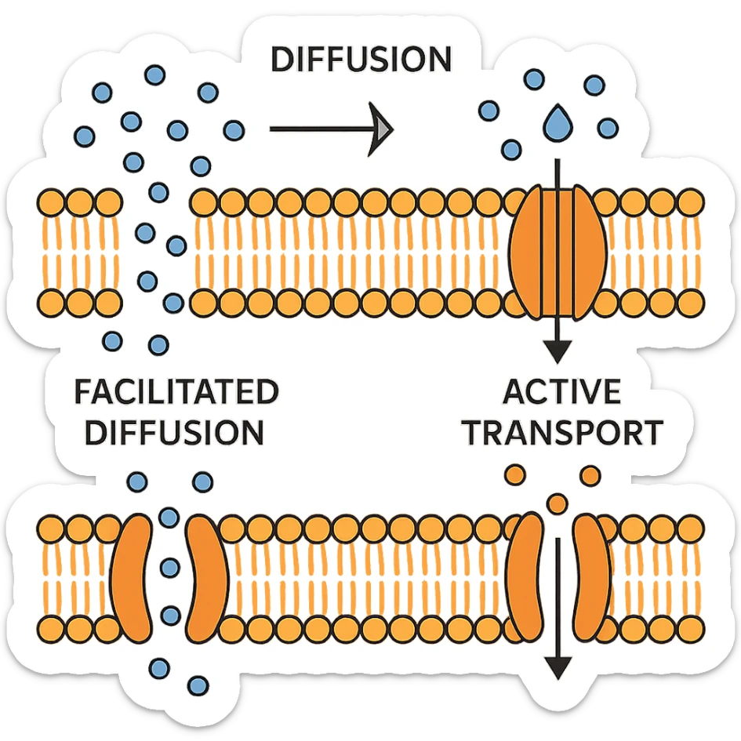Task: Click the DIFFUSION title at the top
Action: pyautogui.click(x=360, y=60)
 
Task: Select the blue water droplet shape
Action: pyautogui.click(x=558, y=122)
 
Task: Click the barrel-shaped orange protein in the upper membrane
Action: pyautogui.click(x=558, y=251)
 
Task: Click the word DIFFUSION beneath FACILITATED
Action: pyautogui.click(x=174, y=432)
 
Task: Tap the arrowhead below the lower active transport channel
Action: pyautogui.click(x=558, y=668)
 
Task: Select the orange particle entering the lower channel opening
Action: pyautogui.click(x=558, y=502)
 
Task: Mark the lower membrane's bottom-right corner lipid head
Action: pyautogui.click(x=690, y=627)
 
